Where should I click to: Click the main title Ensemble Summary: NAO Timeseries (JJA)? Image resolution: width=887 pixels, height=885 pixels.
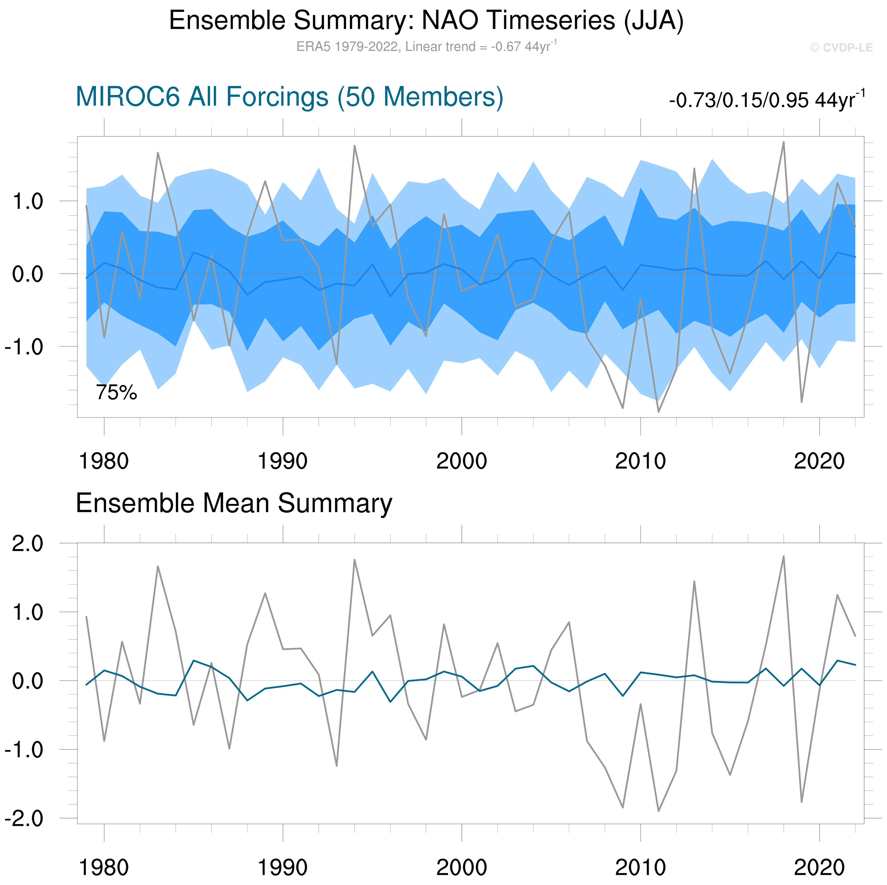(x=426, y=21)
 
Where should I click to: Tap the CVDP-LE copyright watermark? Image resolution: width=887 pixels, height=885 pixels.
(x=841, y=48)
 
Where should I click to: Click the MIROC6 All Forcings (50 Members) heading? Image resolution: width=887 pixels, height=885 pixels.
(x=289, y=97)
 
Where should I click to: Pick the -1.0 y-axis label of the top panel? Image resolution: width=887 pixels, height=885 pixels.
(x=24, y=347)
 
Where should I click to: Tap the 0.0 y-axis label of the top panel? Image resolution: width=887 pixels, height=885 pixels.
(x=27, y=274)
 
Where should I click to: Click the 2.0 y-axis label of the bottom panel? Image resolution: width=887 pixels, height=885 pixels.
(x=27, y=544)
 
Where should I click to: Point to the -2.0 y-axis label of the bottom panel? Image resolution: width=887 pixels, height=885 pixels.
(x=24, y=818)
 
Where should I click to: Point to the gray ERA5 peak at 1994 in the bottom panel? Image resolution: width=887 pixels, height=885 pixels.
(x=355, y=560)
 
